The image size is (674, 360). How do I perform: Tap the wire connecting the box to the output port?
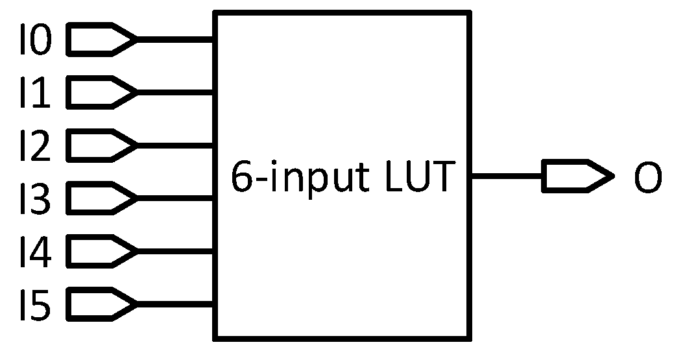(x=506, y=176)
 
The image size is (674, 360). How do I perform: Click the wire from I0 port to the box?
(x=175, y=40)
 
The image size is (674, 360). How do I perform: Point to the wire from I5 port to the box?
(x=175, y=302)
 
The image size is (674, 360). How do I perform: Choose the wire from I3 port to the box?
(x=175, y=197)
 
